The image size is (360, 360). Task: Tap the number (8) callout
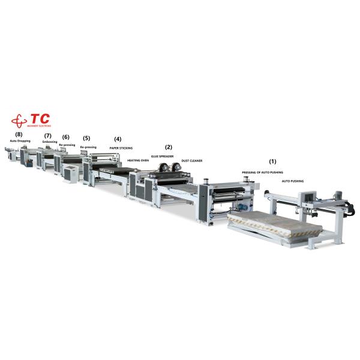(x=19, y=134)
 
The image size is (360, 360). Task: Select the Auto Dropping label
(x=20, y=141)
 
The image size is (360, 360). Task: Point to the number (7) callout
(x=48, y=136)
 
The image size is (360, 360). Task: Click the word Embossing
(x=50, y=142)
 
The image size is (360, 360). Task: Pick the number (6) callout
(x=66, y=137)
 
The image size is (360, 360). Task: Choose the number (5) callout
(x=87, y=138)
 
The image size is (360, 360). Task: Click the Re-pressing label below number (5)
(x=88, y=147)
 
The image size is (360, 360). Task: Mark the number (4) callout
(x=118, y=139)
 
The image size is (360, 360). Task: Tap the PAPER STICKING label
(x=121, y=148)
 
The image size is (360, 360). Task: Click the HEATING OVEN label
(x=137, y=161)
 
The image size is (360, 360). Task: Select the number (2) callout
(x=169, y=147)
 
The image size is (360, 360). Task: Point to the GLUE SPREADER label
(x=162, y=156)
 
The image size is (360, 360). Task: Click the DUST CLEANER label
(x=191, y=161)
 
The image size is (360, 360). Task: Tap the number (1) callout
(x=272, y=161)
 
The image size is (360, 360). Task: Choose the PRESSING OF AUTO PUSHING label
(x=262, y=172)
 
